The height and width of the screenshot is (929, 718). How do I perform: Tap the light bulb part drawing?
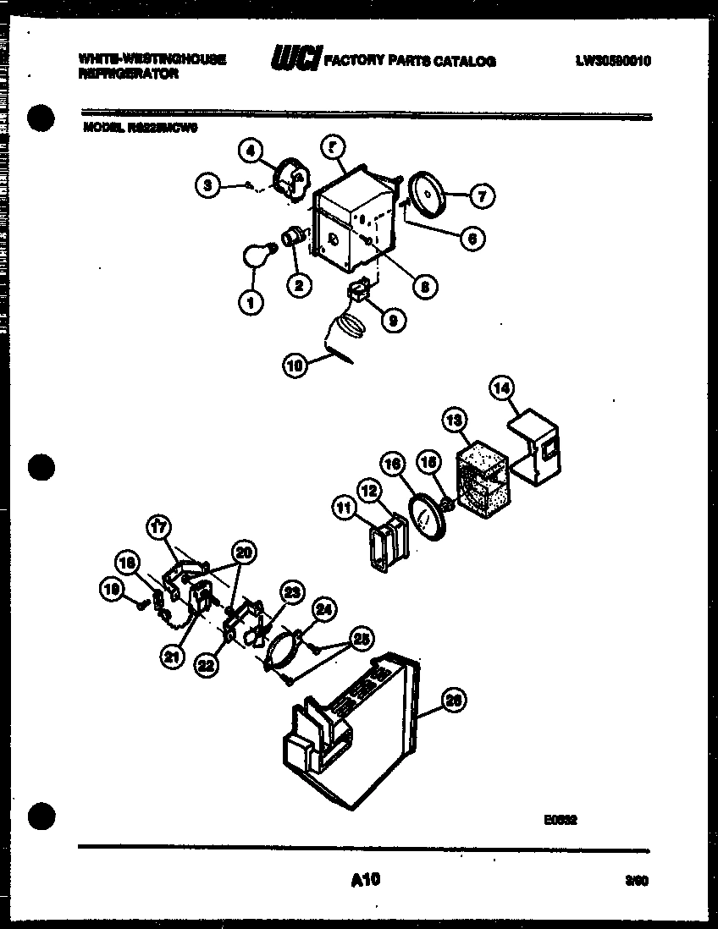tap(257, 253)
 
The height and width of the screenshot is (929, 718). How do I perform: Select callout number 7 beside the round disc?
tap(480, 196)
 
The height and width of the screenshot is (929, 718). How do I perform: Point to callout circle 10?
tap(293, 366)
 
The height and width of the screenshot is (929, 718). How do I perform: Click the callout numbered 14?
tap(502, 388)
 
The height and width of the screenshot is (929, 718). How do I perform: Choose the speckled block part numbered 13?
tap(482, 479)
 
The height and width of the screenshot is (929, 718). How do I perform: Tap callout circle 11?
tap(342, 508)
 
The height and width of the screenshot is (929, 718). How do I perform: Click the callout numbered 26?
tap(454, 701)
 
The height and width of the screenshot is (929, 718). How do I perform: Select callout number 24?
tap(323, 608)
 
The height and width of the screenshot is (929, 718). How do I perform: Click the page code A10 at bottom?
tap(365, 881)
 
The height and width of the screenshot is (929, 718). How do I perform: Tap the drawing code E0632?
tap(561, 819)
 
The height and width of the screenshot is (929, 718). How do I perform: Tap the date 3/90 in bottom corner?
tap(636, 882)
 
